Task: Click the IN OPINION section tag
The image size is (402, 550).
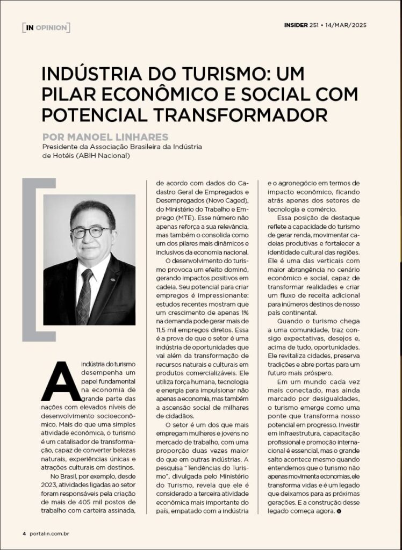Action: [x=46, y=27]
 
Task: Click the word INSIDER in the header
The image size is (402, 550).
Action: [x=297, y=25]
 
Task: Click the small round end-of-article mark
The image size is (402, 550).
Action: [x=339, y=511]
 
